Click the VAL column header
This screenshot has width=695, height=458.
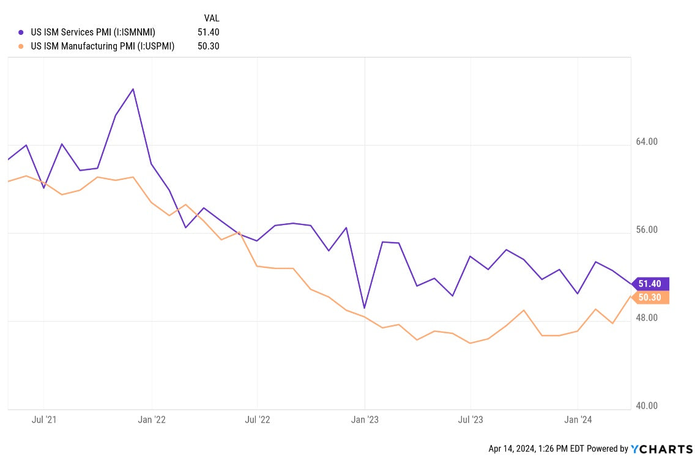pos(211,18)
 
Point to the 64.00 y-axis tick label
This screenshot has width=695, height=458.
pos(647,142)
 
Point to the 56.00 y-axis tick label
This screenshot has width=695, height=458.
pos(647,230)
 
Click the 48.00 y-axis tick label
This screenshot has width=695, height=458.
pos(647,318)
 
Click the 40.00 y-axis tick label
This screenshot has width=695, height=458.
pos(647,406)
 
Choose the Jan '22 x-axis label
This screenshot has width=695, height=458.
pos(151,420)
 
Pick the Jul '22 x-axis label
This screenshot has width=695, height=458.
pos(258,420)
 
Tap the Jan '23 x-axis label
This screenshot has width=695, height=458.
pos(365,420)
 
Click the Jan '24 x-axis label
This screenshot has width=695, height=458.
pos(578,420)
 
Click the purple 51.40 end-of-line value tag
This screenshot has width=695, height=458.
pos(650,284)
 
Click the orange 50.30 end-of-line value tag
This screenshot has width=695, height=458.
pos(650,298)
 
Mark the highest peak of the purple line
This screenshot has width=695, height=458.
pos(133,89)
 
